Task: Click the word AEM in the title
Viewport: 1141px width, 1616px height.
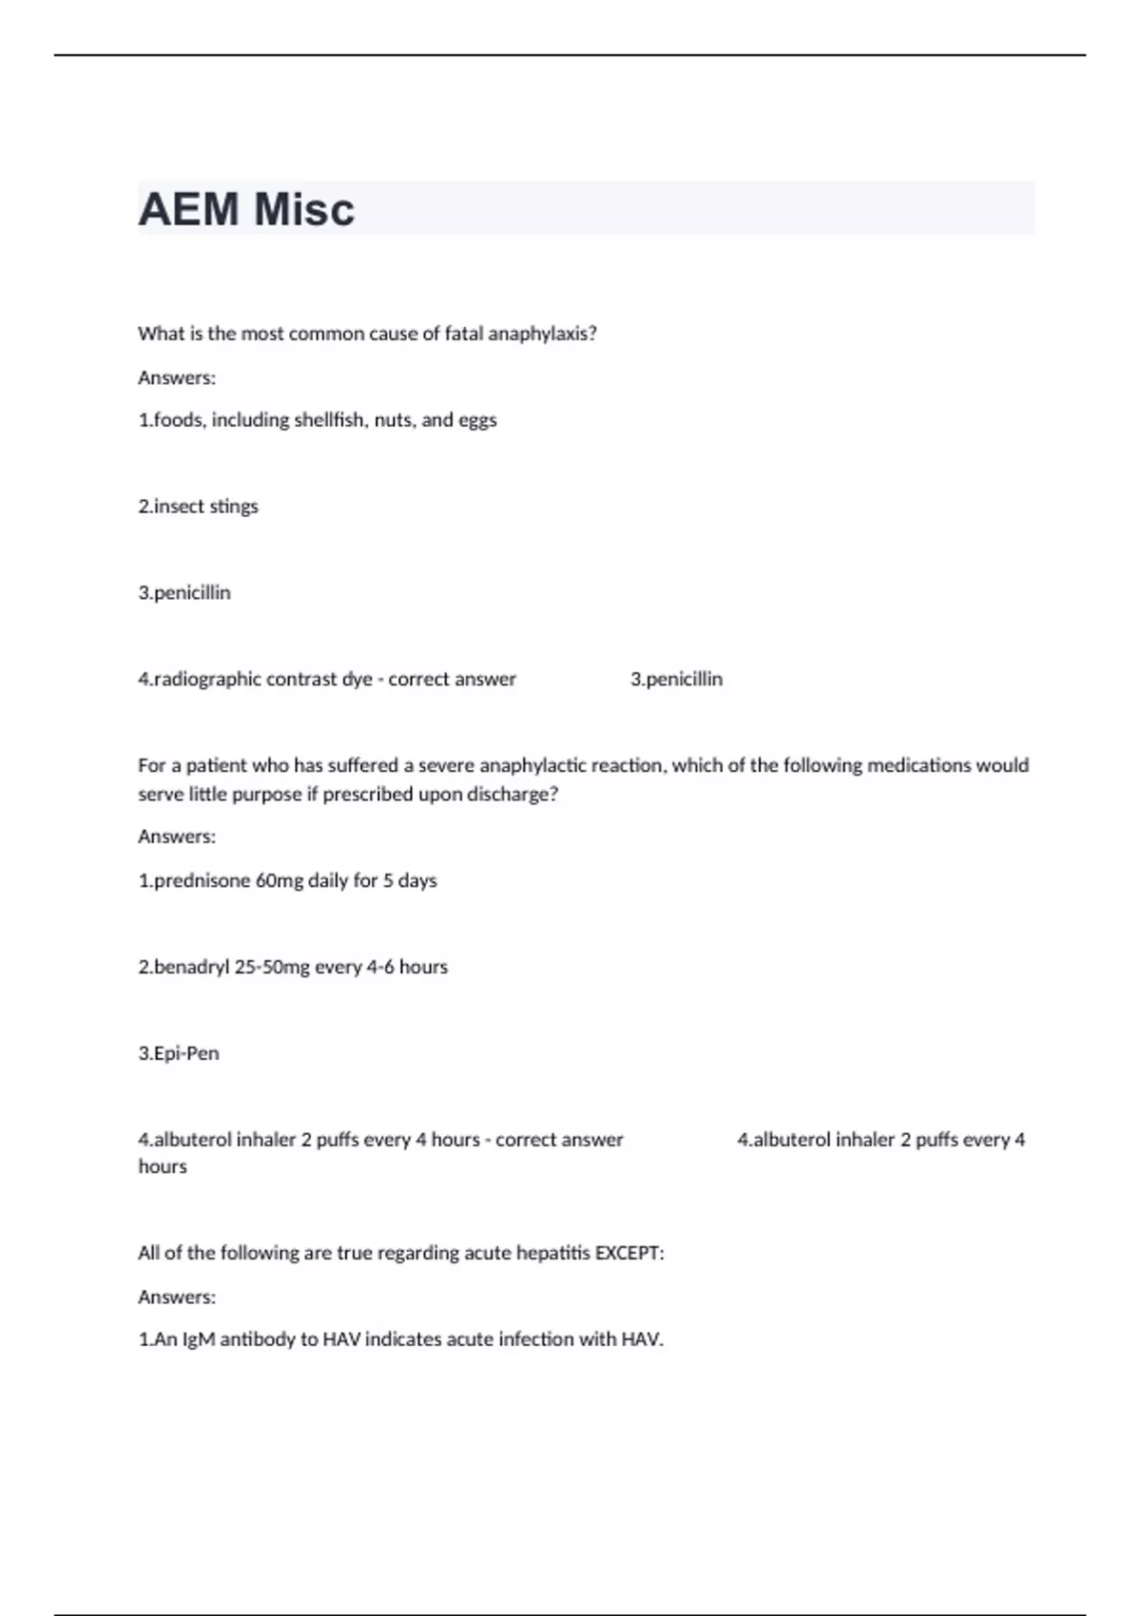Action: click(188, 209)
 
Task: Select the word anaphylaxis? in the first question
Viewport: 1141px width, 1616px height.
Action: click(542, 334)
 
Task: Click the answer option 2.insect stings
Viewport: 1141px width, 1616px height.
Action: click(198, 507)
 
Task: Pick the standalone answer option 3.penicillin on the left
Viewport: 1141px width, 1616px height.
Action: click(184, 593)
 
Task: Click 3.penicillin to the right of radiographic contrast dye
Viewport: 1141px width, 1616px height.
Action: click(676, 680)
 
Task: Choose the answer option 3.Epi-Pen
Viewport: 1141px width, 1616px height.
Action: click(179, 1054)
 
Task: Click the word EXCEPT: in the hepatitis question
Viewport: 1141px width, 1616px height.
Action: click(629, 1254)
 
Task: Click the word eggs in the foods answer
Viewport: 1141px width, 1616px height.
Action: click(477, 420)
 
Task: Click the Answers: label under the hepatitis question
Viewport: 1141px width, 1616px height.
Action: click(177, 1298)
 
